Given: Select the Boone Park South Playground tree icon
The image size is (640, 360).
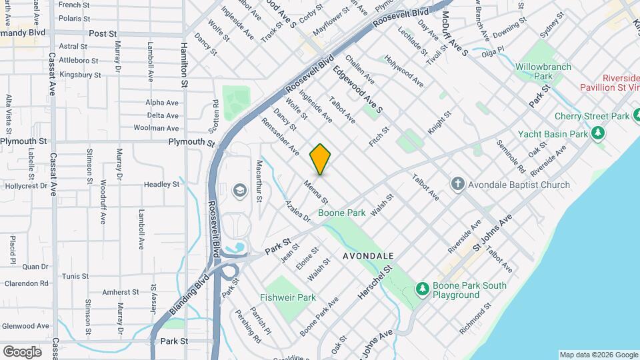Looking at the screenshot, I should [421, 288].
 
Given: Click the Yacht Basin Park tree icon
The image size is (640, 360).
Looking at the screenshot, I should [599, 133].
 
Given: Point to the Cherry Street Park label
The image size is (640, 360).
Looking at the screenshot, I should [592, 116].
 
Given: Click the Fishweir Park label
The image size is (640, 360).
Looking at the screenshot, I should [288, 297].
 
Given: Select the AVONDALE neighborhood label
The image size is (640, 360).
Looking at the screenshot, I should [369, 255].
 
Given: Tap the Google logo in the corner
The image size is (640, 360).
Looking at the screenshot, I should [22, 351].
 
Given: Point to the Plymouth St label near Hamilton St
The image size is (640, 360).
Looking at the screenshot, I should [190, 141].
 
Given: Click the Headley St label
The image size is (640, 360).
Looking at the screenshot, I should [162, 184].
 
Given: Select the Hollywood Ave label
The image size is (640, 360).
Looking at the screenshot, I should [404, 71].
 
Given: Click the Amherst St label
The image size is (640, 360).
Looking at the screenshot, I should [120, 292].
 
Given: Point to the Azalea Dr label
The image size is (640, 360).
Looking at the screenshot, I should [298, 211].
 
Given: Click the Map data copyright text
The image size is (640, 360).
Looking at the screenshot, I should [598, 355].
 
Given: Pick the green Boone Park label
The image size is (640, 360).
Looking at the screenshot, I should [341, 213].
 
